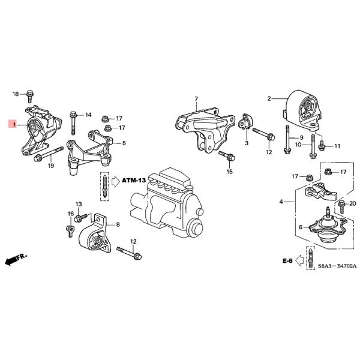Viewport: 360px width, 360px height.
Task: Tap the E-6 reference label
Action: (x=287, y=261)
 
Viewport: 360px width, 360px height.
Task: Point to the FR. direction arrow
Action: (x=16, y=260)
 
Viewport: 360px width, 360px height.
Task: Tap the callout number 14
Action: (x=88, y=115)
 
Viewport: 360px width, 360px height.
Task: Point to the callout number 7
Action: (x=196, y=98)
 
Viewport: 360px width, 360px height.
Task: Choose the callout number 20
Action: (x=353, y=203)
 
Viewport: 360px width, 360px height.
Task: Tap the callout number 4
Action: (x=280, y=202)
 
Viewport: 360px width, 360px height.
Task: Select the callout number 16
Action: (x=70, y=214)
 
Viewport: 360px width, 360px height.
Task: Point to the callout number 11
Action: (x=337, y=146)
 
